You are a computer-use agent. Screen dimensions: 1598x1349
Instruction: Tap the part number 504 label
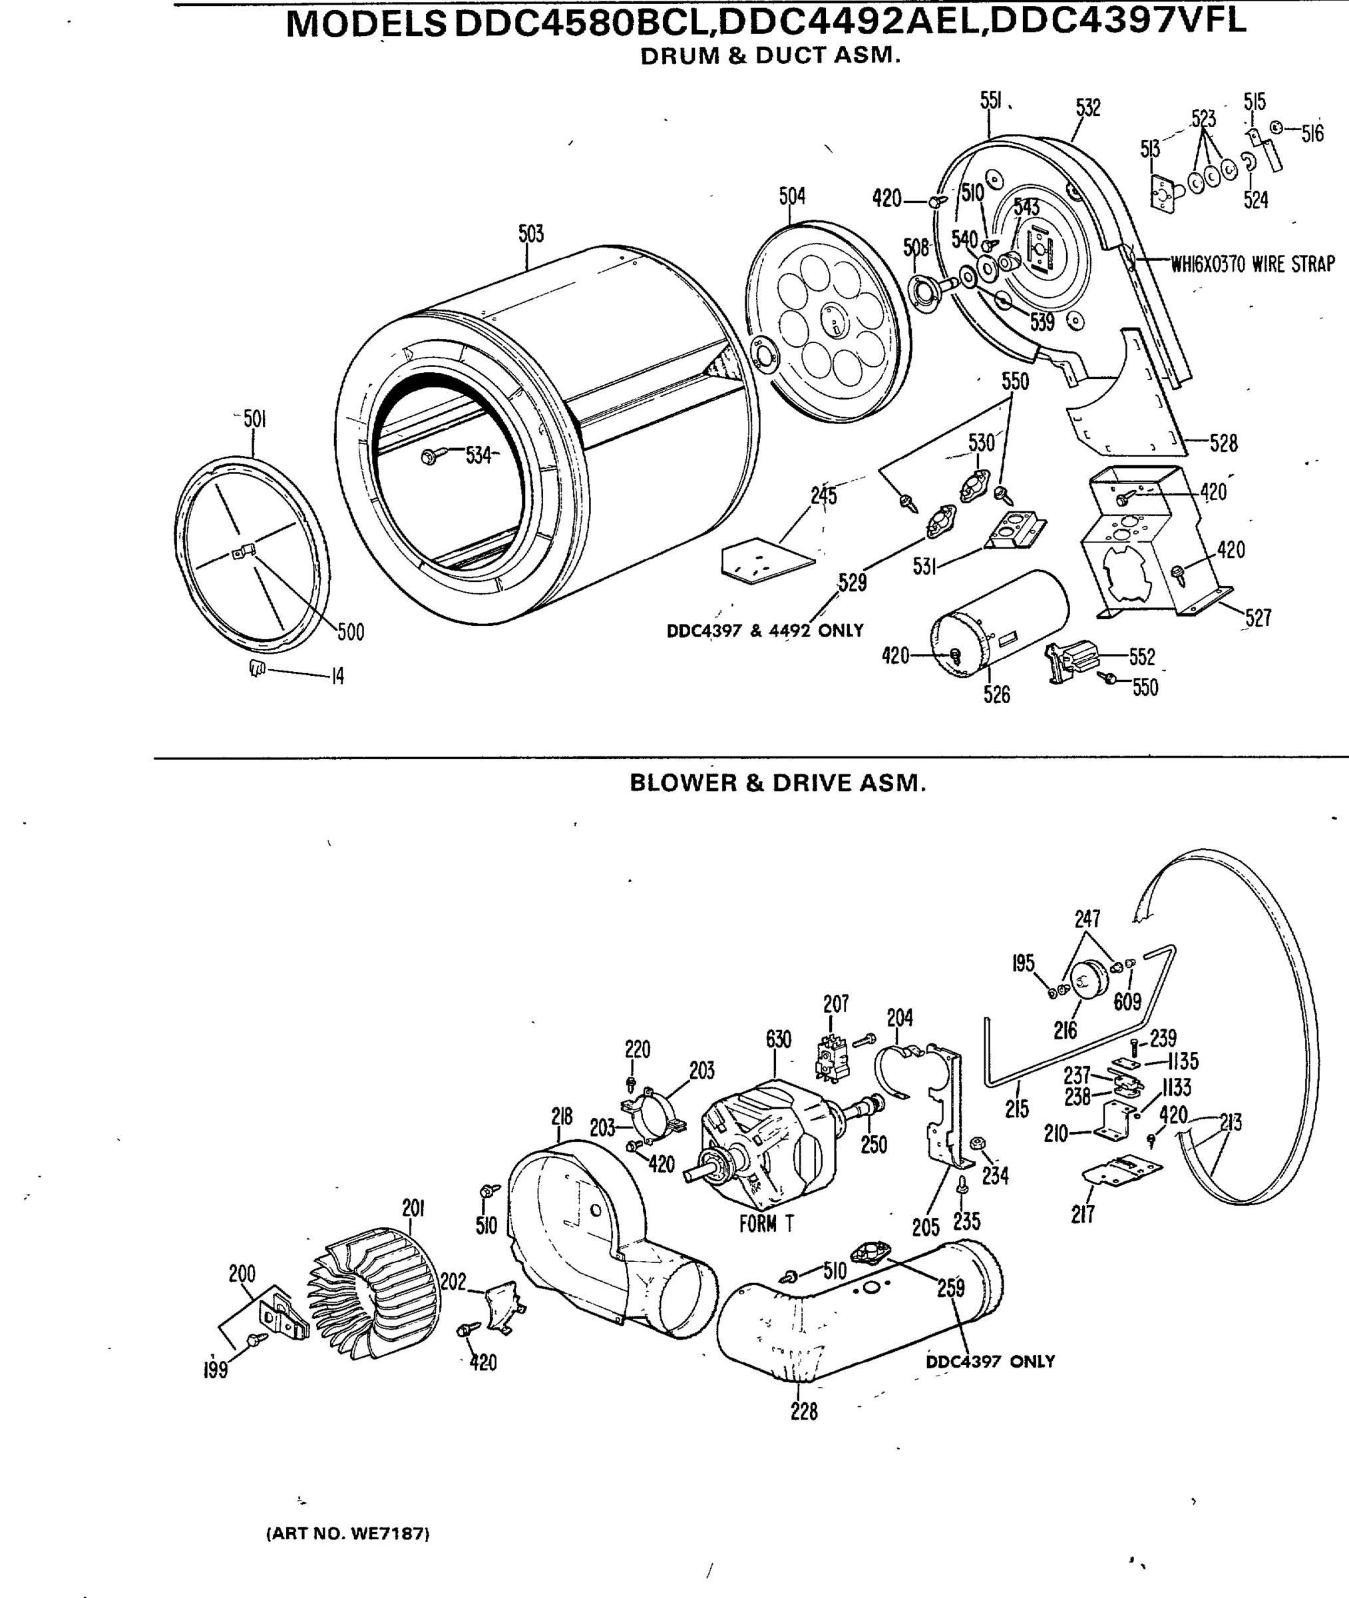point(792,196)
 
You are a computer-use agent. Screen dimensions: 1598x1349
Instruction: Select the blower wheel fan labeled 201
point(375,1293)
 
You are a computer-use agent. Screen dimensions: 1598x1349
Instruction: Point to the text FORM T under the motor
point(766,1224)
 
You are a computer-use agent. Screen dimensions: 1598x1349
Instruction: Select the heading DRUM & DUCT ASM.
point(770,56)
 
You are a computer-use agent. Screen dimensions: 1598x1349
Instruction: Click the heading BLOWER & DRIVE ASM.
point(777,782)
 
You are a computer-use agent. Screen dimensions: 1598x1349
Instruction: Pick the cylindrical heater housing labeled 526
point(999,623)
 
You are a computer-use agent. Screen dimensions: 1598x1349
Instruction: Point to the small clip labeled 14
point(257,668)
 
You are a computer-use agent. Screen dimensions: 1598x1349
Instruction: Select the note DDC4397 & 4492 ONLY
point(765,631)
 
